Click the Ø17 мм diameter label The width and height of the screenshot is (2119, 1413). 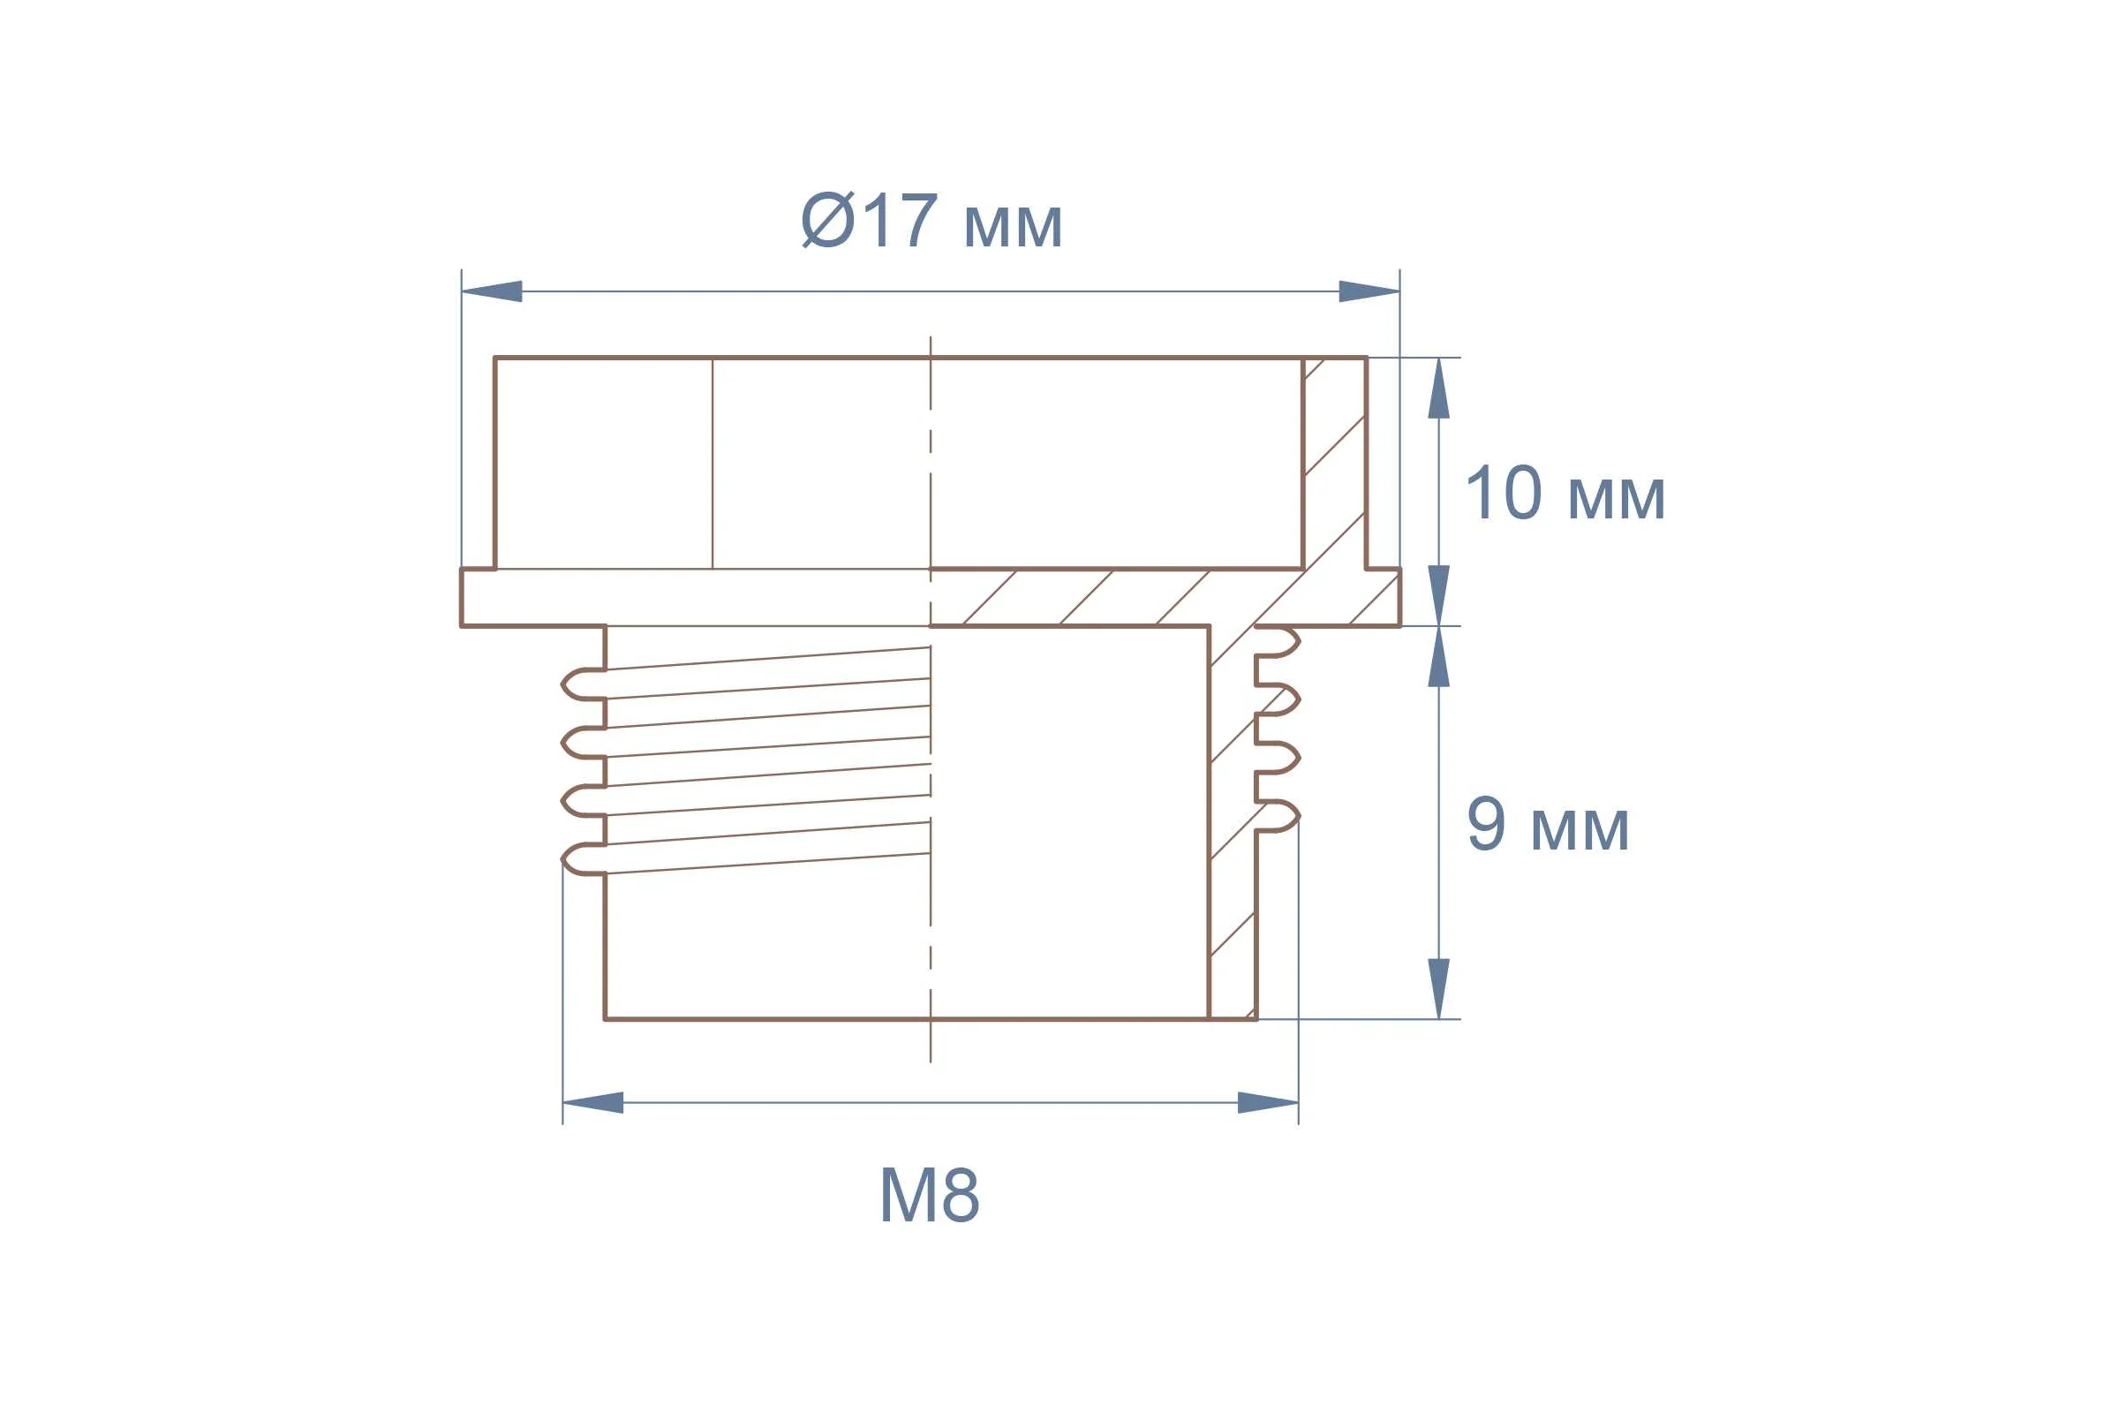coord(931,220)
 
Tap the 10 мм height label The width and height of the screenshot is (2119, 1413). coord(1565,494)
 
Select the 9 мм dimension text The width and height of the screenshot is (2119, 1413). coord(1548,825)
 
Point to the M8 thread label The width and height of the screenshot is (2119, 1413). coord(929,1195)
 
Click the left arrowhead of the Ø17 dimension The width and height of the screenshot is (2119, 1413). coord(492,291)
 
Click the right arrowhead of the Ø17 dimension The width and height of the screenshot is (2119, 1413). coord(1369,291)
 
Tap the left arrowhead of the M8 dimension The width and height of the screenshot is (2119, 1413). coord(592,1103)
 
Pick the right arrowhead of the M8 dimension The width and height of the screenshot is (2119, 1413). coord(1269,1103)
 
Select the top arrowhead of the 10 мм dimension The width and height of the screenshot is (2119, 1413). coord(1439,389)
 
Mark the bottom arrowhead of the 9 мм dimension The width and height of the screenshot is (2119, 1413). coord(1439,988)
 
